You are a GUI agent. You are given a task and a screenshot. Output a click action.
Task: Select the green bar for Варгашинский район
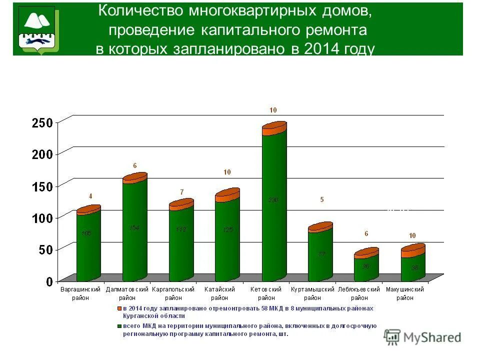point(88,245)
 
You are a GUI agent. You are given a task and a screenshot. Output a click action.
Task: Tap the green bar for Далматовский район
point(134,230)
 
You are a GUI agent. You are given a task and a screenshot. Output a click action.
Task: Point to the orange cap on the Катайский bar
point(227,195)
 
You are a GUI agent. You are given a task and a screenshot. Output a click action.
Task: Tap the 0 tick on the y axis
point(49,281)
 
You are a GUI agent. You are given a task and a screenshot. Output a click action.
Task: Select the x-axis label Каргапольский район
point(173,293)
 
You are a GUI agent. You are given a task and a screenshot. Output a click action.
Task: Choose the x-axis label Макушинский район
point(405,293)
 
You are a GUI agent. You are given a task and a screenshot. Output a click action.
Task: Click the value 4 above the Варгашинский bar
point(90,196)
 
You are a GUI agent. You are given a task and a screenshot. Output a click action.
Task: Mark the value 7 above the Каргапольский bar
point(182,192)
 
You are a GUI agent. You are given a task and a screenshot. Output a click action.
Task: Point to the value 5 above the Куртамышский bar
point(322,199)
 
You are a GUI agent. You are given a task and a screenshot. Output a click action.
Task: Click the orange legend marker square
point(119,308)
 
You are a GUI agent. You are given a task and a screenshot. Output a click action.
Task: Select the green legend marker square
point(119,326)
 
